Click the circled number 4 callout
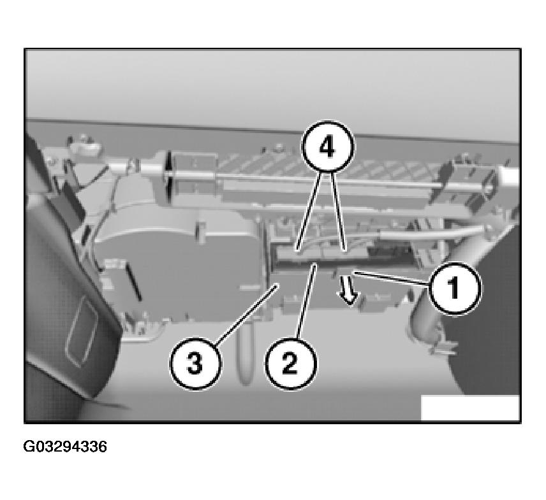327,146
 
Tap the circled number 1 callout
455,289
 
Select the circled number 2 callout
291,364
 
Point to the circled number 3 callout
195,364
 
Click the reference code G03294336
65,446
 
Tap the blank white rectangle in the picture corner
470,408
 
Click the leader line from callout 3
247,314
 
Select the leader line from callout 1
392,279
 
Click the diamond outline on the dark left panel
82,331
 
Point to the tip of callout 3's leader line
278,284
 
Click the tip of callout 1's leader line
354,273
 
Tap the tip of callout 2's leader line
316,264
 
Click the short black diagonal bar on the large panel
133,282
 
